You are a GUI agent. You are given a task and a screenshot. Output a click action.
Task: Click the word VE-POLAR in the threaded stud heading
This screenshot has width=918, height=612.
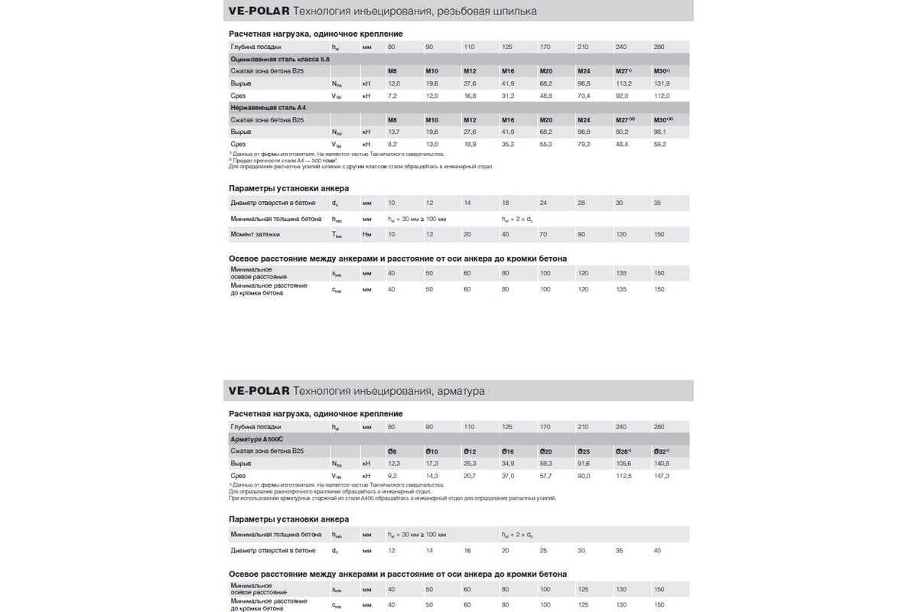click(258, 11)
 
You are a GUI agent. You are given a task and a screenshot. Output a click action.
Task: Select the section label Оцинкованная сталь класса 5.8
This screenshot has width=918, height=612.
click(278, 59)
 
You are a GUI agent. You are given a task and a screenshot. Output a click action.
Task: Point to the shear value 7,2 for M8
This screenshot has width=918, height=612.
click(392, 96)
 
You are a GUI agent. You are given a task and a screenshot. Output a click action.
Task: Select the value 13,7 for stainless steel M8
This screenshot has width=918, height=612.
click(393, 132)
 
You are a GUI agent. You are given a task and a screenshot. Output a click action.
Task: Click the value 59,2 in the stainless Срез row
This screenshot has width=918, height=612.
click(661, 144)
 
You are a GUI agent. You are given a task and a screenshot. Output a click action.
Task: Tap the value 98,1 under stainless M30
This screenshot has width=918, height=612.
click(659, 132)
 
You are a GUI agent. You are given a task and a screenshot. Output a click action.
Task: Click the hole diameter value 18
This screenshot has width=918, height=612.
click(505, 203)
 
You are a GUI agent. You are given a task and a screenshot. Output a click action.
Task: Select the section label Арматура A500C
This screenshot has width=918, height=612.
click(256, 439)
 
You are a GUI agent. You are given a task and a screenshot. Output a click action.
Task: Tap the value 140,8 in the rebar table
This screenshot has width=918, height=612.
click(662, 464)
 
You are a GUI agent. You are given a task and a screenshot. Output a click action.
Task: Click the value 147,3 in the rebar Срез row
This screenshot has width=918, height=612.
click(662, 476)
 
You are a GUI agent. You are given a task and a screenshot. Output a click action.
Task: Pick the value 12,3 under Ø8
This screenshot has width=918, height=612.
click(393, 464)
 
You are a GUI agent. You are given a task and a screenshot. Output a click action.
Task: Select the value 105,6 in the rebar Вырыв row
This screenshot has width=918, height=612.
click(624, 464)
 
